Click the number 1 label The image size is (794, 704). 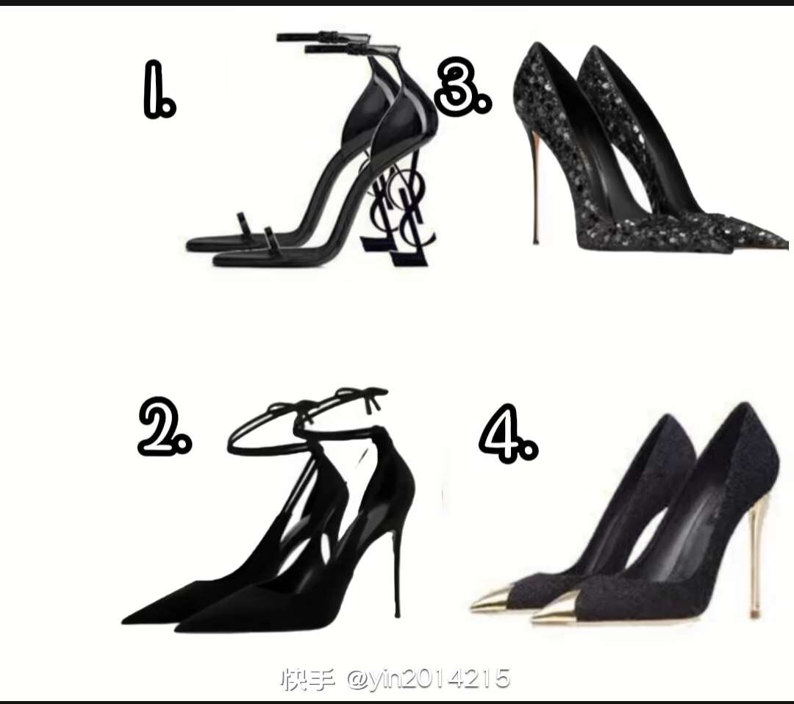click(159, 90)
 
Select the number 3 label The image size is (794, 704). click(463, 87)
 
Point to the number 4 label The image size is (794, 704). click(508, 434)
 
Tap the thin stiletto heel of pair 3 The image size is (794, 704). click(533, 182)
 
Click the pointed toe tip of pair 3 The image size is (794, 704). click(785, 245)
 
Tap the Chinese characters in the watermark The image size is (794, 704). click(307, 679)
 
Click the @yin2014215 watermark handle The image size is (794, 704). click(429, 679)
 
